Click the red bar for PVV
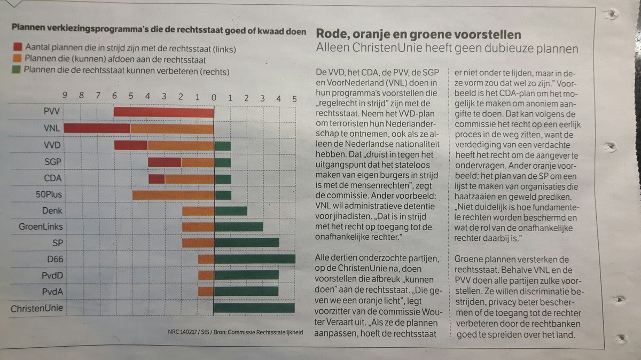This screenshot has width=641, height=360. click(x=163, y=112)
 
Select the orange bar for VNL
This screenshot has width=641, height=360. click(x=171, y=129)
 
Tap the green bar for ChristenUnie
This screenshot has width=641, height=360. click(x=254, y=308)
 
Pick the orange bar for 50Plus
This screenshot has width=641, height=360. click(x=173, y=195)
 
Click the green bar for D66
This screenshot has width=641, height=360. click(x=254, y=259)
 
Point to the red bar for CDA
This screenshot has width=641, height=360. click(x=157, y=179)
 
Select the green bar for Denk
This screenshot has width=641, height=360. click(x=230, y=211)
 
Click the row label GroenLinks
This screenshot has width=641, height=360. click(x=40, y=227)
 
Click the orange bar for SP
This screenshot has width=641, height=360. click(x=198, y=243)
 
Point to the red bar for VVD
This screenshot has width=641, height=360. click(x=131, y=146)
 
